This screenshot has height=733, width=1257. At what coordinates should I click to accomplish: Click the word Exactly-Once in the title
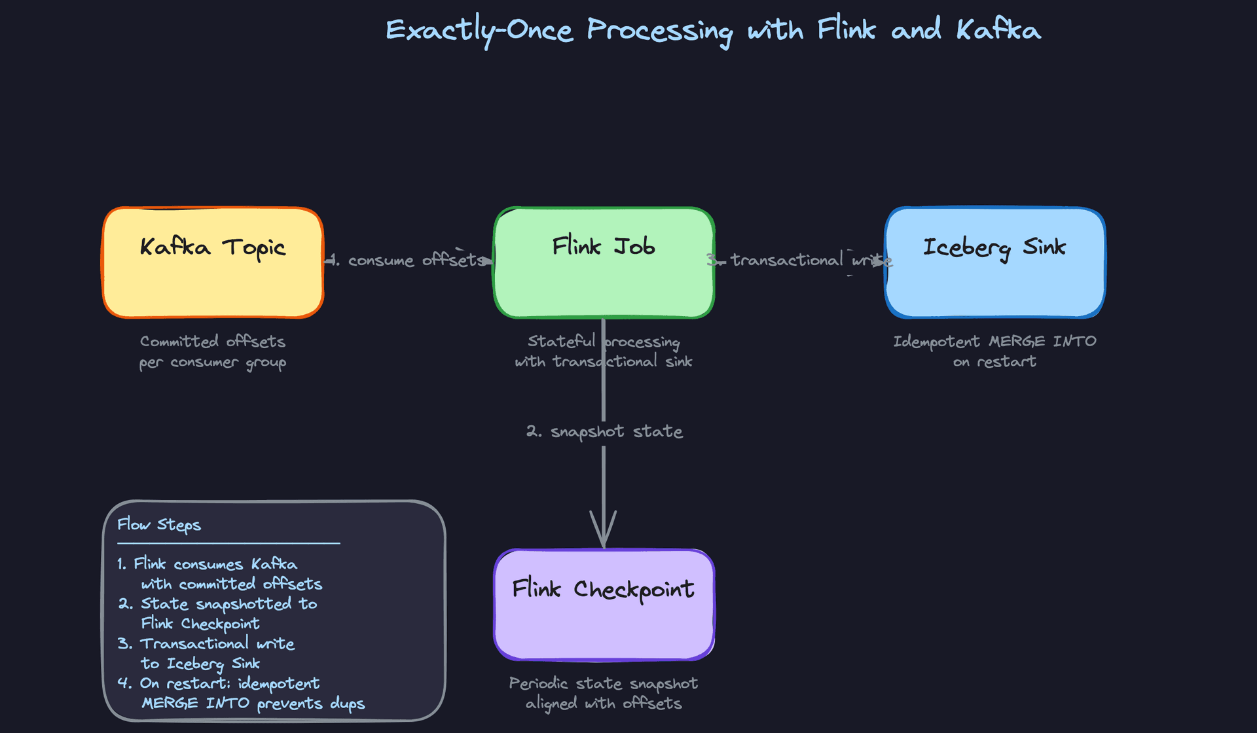(479, 30)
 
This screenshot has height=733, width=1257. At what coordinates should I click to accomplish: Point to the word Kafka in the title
(998, 30)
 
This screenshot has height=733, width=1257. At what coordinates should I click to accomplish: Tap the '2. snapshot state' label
(604, 431)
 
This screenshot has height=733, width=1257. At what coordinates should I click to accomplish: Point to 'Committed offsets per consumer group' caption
(213, 351)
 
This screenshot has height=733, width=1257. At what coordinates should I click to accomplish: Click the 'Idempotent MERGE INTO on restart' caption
(994, 351)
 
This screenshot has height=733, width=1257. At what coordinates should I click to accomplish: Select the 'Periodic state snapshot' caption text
(603, 683)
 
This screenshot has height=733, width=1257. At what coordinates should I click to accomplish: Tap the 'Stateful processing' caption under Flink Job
(603, 342)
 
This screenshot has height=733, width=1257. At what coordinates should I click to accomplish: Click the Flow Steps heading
(159, 525)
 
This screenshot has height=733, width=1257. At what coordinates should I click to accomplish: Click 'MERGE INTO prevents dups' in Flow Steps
(253, 704)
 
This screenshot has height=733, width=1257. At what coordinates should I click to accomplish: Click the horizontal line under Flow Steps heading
(228, 543)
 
